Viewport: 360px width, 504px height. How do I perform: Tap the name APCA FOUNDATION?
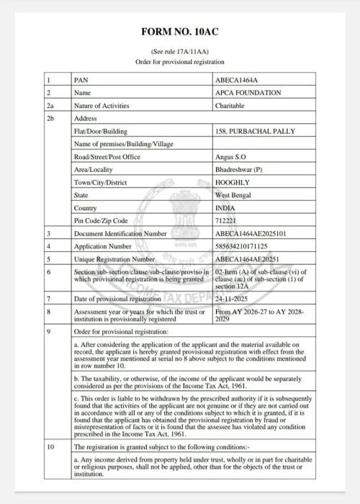point(248,92)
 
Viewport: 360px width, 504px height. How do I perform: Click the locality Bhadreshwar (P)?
point(240,170)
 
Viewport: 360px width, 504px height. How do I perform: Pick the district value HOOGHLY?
point(233,182)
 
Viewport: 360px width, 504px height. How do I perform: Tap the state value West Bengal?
point(234,195)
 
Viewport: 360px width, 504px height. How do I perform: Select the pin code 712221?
point(227,220)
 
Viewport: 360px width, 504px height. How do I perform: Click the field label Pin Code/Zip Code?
point(101,220)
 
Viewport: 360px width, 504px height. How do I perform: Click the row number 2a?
point(49,105)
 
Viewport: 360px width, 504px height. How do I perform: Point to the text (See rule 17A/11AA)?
point(179,53)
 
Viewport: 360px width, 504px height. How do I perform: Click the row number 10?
point(50,447)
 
